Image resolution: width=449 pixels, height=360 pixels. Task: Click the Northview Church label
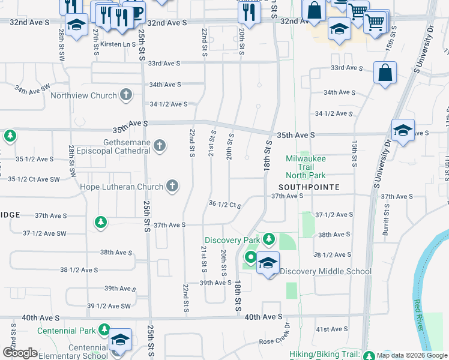click(x=83, y=95)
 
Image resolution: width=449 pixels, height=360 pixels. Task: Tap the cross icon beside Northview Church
click(x=126, y=94)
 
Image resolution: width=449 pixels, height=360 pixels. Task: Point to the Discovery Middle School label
click(x=325, y=271)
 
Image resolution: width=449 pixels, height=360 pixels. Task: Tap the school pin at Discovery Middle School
click(x=268, y=263)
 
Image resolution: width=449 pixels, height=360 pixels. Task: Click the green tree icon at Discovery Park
click(x=269, y=239)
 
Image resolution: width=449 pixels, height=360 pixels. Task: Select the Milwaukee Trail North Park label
click(x=306, y=167)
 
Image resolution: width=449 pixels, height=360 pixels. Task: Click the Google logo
click(x=20, y=353)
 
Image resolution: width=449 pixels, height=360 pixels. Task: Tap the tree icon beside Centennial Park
click(x=104, y=330)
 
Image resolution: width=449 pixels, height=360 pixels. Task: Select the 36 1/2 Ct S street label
click(x=225, y=204)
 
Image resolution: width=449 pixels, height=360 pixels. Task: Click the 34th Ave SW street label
click(x=32, y=89)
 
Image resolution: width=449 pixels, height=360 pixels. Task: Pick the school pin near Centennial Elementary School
click(x=120, y=339)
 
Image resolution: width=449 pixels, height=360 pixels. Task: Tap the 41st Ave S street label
click(x=332, y=329)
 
